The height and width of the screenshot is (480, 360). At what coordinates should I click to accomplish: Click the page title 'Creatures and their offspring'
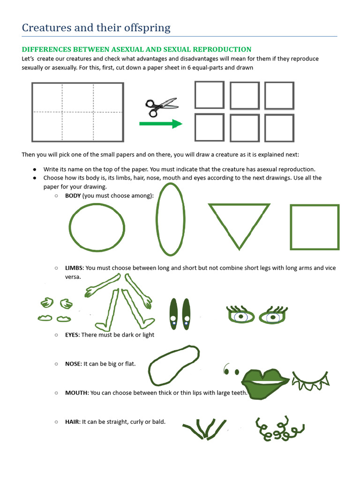pos(96,28)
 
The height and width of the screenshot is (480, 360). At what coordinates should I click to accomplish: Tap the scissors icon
pos(161,107)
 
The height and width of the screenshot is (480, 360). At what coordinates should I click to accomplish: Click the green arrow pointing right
pos(160,124)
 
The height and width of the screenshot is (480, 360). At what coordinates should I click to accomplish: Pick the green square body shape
pos(315,227)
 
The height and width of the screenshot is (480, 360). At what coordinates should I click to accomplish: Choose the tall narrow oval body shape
pos(170,219)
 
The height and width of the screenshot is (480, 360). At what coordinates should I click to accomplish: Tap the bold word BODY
pos(73,195)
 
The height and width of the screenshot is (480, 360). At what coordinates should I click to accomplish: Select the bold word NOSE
pos(73,363)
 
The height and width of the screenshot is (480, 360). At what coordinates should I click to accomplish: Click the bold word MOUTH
pos(76,392)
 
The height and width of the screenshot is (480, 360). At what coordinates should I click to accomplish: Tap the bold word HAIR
pos(72,421)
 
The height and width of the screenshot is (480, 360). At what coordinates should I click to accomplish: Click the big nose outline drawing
pos(174,365)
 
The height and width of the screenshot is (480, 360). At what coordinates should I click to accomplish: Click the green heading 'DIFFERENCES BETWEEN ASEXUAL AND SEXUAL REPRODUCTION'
pos(136,49)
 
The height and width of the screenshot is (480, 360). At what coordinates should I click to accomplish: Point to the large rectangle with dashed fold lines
pos(78,112)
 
